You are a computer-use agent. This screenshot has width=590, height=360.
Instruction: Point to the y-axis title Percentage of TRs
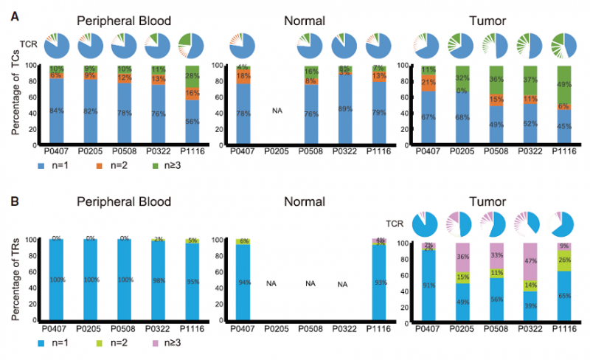pyautogui.click(x=16, y=279)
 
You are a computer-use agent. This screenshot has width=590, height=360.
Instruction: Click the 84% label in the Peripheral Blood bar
pyautogui.click(x=56, y=111)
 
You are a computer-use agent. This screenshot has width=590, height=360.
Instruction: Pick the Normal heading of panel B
pyautogui.click(x=306, y=202)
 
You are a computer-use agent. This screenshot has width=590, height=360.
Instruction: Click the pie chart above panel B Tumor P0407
pyautogui.click(x=426, y=223)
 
